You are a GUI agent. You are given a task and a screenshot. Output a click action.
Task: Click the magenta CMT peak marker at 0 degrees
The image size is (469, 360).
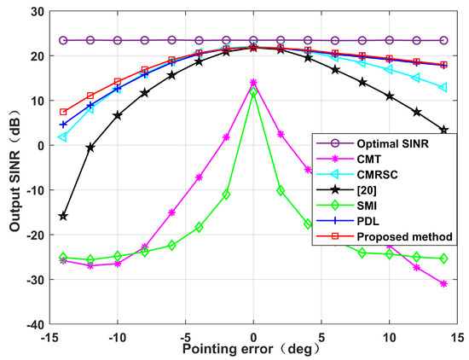coord(253,83)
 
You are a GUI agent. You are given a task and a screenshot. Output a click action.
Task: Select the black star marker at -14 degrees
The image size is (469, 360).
coord(64,217)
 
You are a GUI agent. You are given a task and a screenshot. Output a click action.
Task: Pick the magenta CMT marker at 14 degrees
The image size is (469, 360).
coord(443,283)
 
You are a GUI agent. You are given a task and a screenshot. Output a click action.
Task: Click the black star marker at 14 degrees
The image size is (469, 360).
coord(443,130)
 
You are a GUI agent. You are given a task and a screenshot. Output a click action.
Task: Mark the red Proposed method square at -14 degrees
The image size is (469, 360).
coord(64,112)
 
